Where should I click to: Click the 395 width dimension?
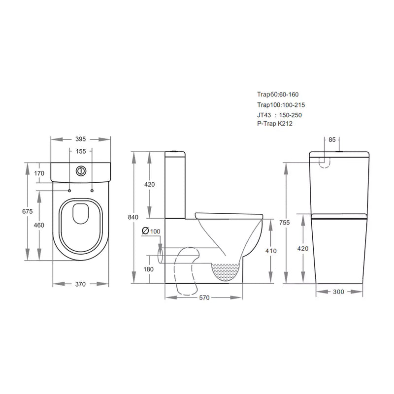(x=81, y=139)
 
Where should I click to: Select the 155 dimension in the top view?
(x=81, y=152)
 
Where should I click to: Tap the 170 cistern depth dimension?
(x=40, y=173)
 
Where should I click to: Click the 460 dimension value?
(x=39, y=225)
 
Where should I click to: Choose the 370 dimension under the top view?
(x=81, y=284)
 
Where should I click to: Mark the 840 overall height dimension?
(x=133, y=217)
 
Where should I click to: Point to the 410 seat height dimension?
(x=271, y=251)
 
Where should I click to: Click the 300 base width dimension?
(x=338, y=292)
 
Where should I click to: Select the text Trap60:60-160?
(x=278, y=95)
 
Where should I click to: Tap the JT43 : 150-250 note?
(x=278, y=114)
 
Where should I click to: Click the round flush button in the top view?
(x=80, y=171)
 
